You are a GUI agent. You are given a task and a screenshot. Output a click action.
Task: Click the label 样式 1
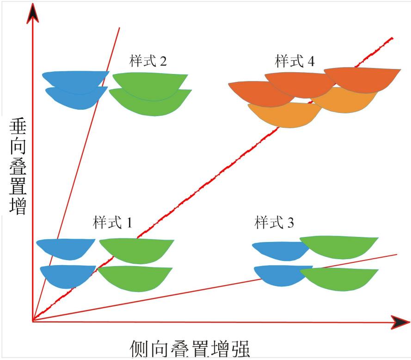click(112, 223)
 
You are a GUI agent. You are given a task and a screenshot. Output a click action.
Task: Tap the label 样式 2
click(148, 61)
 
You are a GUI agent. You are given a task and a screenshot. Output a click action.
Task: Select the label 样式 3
click(274, 223)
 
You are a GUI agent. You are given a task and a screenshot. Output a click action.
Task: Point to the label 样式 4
click(294, 61)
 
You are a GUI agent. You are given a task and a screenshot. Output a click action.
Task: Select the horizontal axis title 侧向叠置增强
click(190, 348)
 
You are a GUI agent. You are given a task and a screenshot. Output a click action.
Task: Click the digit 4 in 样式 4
click(311, 61)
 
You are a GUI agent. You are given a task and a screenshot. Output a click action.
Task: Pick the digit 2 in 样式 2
click(163, 61)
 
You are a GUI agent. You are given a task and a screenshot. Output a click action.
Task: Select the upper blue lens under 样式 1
click(65, 249)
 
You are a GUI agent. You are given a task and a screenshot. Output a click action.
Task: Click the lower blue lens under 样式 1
click(68, 276)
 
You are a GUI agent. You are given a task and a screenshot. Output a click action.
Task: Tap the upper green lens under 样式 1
click(137, 251)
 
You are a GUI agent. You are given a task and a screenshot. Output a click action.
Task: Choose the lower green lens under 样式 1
click(135, 278)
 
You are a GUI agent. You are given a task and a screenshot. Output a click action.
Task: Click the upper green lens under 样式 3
click(339, 247)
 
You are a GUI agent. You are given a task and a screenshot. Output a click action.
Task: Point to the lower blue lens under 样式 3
click(281, 275)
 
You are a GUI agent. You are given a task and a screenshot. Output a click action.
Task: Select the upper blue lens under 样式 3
click(281, 251)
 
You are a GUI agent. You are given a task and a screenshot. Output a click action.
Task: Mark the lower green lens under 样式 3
click(340, 279)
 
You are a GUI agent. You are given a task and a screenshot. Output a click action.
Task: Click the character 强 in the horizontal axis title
click(240, 348)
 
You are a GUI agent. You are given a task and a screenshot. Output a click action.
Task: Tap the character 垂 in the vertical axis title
click(18, 126)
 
